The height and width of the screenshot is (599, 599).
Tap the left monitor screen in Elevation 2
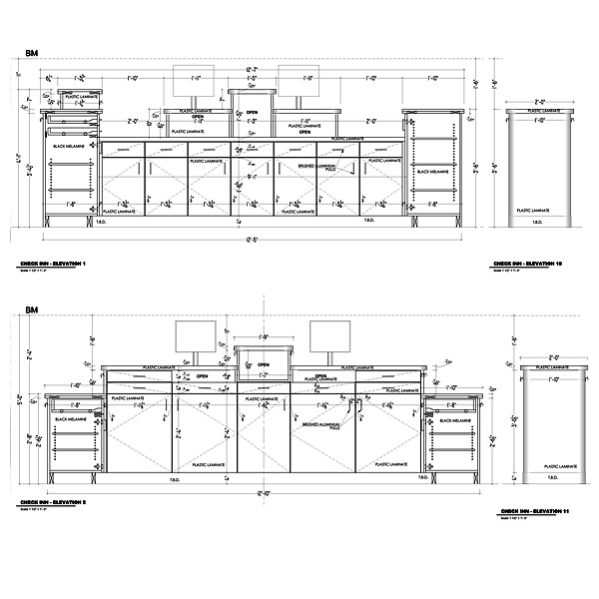197,337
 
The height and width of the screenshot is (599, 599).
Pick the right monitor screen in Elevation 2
329,337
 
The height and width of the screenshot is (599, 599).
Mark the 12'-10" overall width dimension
263,493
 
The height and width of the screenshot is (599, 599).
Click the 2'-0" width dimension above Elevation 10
540,101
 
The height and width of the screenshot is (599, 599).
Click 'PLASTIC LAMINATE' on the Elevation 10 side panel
539,211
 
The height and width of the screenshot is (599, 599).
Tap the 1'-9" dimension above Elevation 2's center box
263,338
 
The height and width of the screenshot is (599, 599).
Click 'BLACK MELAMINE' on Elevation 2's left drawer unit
73,419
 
